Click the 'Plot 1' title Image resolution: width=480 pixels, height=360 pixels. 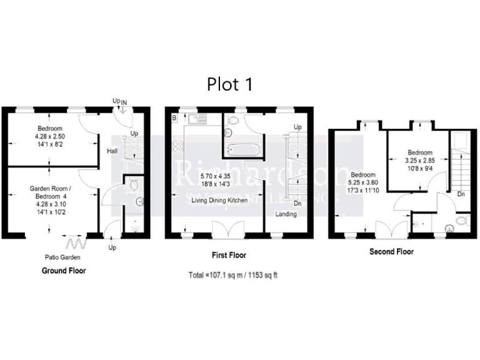[229, 84]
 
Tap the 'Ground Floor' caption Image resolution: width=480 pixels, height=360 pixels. [64, 271]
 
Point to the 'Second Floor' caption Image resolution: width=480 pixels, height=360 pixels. [391, 252]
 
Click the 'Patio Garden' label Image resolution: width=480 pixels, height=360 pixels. [61, 257]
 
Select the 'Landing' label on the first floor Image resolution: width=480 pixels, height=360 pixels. [286, 214]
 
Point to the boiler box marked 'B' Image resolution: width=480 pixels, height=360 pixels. [174, 117]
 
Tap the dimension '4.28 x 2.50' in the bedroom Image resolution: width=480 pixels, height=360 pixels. [51, 135]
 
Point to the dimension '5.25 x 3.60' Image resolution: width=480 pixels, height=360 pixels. [363, 182]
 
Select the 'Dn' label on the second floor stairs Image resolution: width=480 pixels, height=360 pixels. [460, 194]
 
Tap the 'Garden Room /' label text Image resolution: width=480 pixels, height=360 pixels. [51, 187]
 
